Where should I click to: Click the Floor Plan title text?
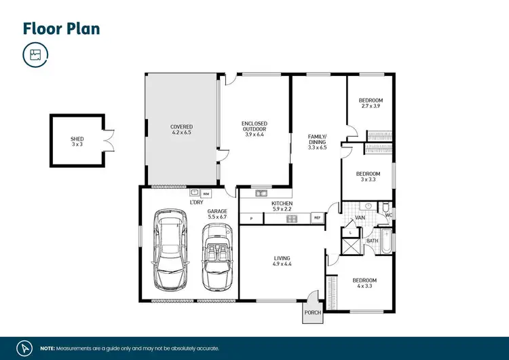[x=62, y=28]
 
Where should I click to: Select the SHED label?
[x=77, y=141]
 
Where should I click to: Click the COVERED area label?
[x=181, y=130]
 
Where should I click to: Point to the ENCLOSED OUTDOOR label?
[x=254, y=128]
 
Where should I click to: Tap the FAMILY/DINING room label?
[x=317, y=141]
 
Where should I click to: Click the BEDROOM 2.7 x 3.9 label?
[x=371, y=103]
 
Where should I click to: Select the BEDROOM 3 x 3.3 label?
[x=369, y=177]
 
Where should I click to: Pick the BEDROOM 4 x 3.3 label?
[x=364, y=283]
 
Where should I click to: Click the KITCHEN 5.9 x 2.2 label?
[x=282, y=206]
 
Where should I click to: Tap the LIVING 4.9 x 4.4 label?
[x=282, y=262]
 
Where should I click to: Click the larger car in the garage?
[x=169, y=249]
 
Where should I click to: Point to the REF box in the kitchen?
[x=316, y=218]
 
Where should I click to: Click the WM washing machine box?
[x=205, y=194]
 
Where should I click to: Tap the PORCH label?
[x=312, y=313]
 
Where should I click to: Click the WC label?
[x=389, y=215]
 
